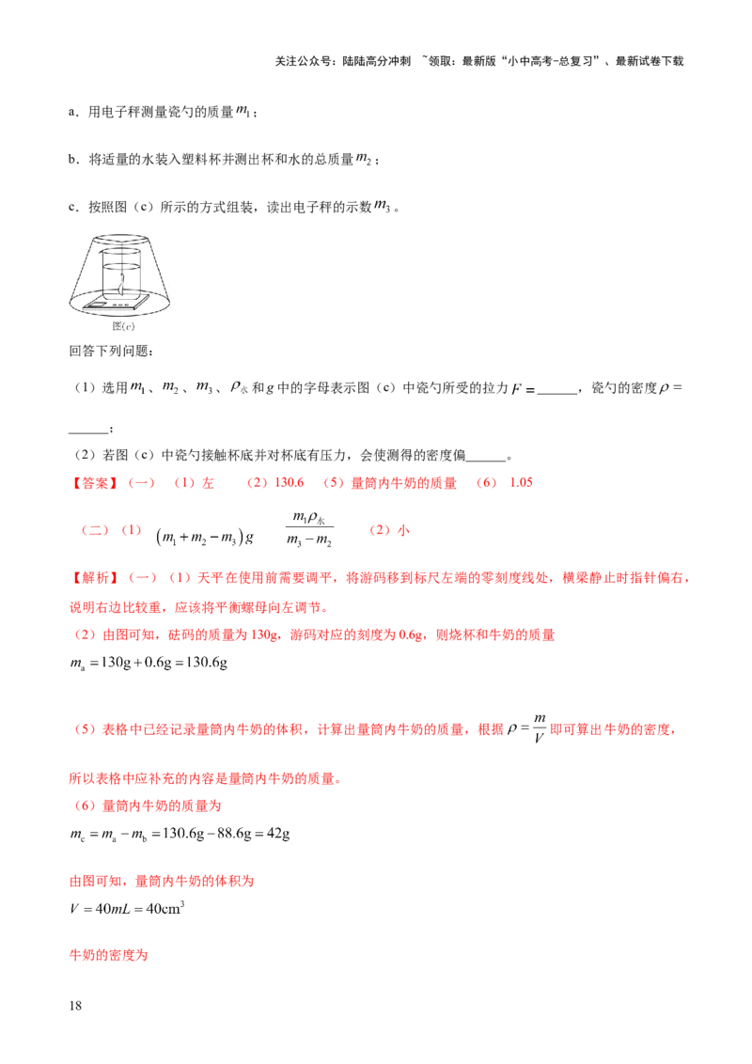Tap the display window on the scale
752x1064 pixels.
98,305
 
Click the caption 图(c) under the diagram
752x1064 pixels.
119,327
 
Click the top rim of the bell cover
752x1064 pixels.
119,239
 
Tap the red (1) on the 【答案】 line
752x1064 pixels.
183,483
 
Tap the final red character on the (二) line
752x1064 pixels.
404,531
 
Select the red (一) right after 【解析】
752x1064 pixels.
142,579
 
